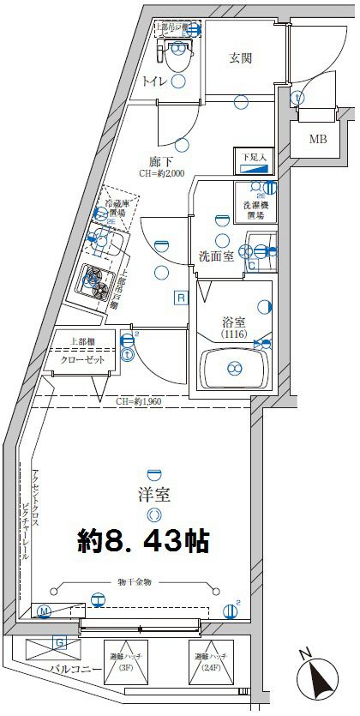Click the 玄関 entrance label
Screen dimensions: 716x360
239,58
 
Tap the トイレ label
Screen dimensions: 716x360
154,81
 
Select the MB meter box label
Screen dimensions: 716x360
317,139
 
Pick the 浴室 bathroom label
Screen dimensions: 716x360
234,322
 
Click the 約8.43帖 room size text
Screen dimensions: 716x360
143,541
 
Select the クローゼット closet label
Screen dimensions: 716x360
83,360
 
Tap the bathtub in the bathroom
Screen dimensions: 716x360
231,370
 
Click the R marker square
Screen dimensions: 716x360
181,298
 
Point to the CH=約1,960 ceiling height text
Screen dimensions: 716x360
141,400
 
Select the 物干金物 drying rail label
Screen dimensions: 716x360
134,582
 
